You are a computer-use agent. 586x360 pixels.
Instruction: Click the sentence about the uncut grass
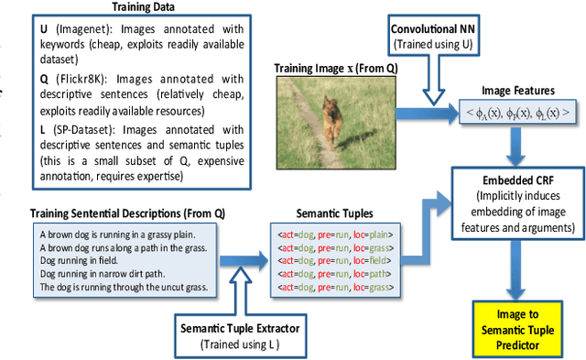pyautogui.click(x=123, y=288)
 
